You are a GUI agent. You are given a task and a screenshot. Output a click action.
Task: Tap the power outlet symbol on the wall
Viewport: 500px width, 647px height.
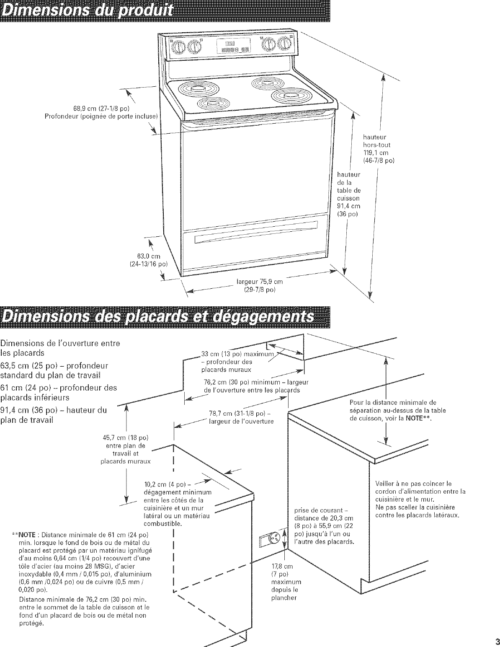coord(276,538)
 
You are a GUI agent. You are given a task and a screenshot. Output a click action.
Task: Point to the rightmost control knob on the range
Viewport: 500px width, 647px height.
coord(285,43)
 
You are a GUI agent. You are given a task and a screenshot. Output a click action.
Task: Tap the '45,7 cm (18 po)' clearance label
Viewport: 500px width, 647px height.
coord(126,438)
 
